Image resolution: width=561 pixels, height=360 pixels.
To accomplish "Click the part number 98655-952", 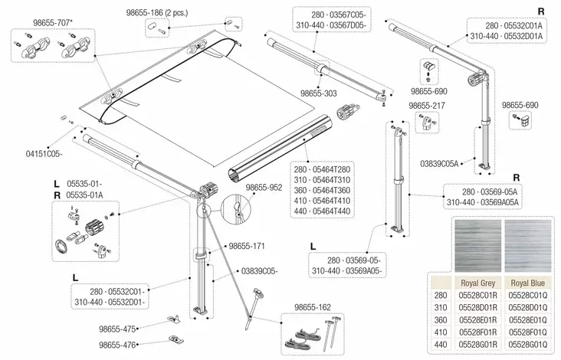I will coord(264,186).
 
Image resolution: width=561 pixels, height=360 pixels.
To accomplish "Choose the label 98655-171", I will coord(246,246).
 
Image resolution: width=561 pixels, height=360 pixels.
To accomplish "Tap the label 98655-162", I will coord(315,308).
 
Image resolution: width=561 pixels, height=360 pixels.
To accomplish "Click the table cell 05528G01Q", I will coord(527,344).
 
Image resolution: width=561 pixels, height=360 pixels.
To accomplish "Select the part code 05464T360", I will coord(330,189).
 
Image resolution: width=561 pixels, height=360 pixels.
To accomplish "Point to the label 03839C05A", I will coord(439,163).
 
